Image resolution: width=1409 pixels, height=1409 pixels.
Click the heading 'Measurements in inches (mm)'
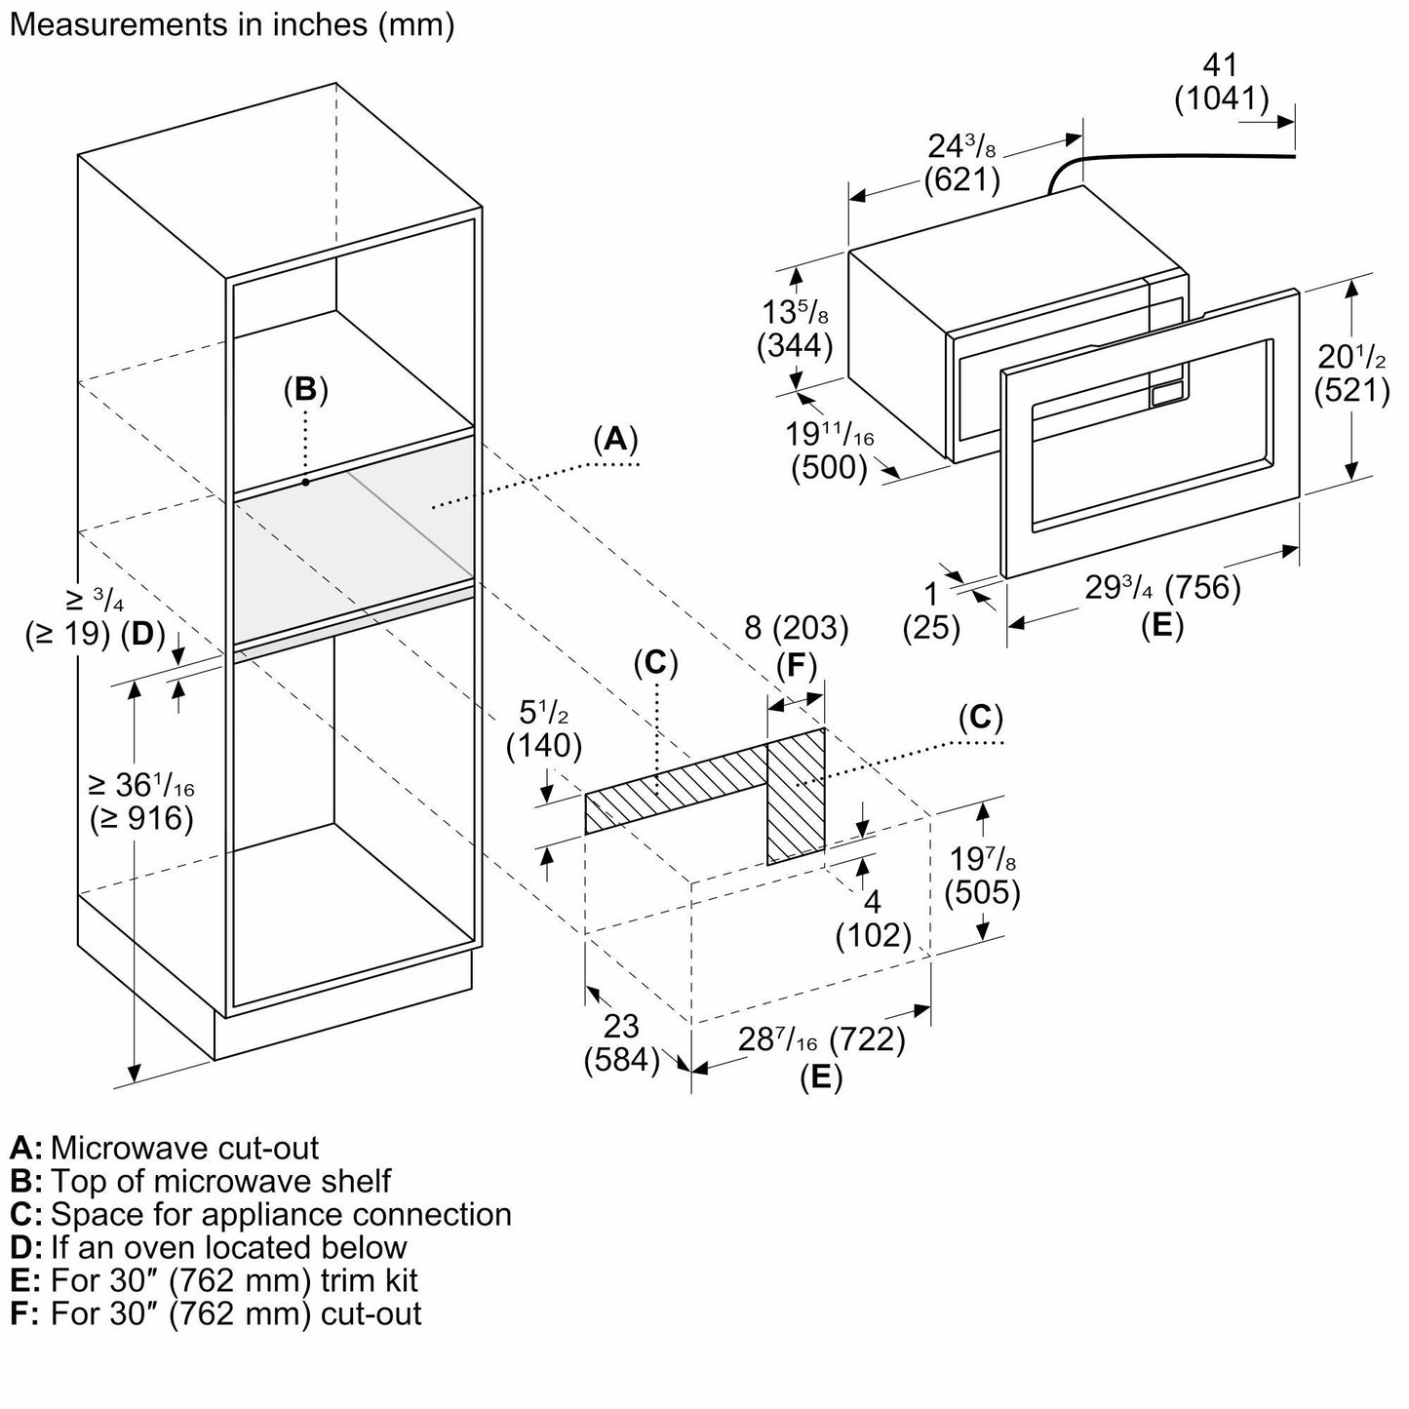231,25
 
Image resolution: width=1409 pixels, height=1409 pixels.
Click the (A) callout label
615,440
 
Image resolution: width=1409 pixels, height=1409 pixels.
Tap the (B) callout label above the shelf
305,389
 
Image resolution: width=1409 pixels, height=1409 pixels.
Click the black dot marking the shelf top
305,482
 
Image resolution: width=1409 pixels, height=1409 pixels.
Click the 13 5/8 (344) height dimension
796,330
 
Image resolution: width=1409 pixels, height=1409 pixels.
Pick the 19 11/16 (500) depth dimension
831,450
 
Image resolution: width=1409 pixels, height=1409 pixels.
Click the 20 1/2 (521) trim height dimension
1351,372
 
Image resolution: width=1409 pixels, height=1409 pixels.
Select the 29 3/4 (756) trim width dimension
1162,589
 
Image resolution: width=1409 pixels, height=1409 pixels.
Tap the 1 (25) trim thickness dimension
931,610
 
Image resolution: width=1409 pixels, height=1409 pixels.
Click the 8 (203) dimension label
796,628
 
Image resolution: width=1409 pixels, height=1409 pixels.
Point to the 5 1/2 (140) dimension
543,728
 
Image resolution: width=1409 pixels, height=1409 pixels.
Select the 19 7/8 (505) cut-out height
982,875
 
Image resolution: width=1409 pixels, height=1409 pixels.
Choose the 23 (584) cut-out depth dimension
621,1042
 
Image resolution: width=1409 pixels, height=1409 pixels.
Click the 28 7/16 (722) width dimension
821,1040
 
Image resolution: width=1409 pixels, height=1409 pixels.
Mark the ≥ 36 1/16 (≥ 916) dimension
140,801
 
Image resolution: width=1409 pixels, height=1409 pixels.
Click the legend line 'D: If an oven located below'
209,1247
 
